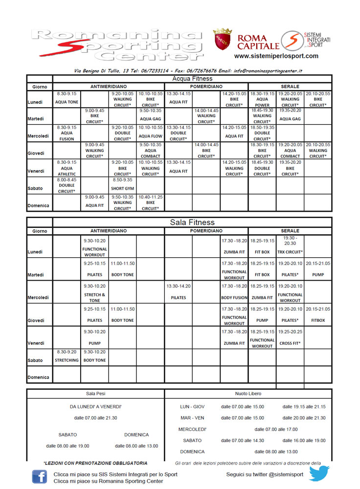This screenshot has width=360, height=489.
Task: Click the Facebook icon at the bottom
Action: click(40, 477)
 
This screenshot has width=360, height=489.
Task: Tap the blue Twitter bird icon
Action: click(319, 473)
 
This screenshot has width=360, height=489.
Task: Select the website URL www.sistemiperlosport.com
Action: click(276, 56)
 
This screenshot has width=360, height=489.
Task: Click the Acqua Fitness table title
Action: click(192, 78)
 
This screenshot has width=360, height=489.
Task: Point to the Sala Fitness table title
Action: click(192, 222)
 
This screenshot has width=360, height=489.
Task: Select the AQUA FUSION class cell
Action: click(67, 133)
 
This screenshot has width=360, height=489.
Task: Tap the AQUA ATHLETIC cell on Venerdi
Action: click(67, 168)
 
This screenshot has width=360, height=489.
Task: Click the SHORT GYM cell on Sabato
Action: click(122, 185)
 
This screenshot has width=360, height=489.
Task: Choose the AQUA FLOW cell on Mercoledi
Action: click(151, 133)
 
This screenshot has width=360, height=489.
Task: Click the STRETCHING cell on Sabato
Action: click(67, 357)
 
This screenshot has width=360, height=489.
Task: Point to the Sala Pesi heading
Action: click(95, 393)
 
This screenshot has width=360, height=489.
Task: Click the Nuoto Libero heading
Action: click(248, 393)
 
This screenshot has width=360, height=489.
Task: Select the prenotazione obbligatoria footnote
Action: click(95, 463)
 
